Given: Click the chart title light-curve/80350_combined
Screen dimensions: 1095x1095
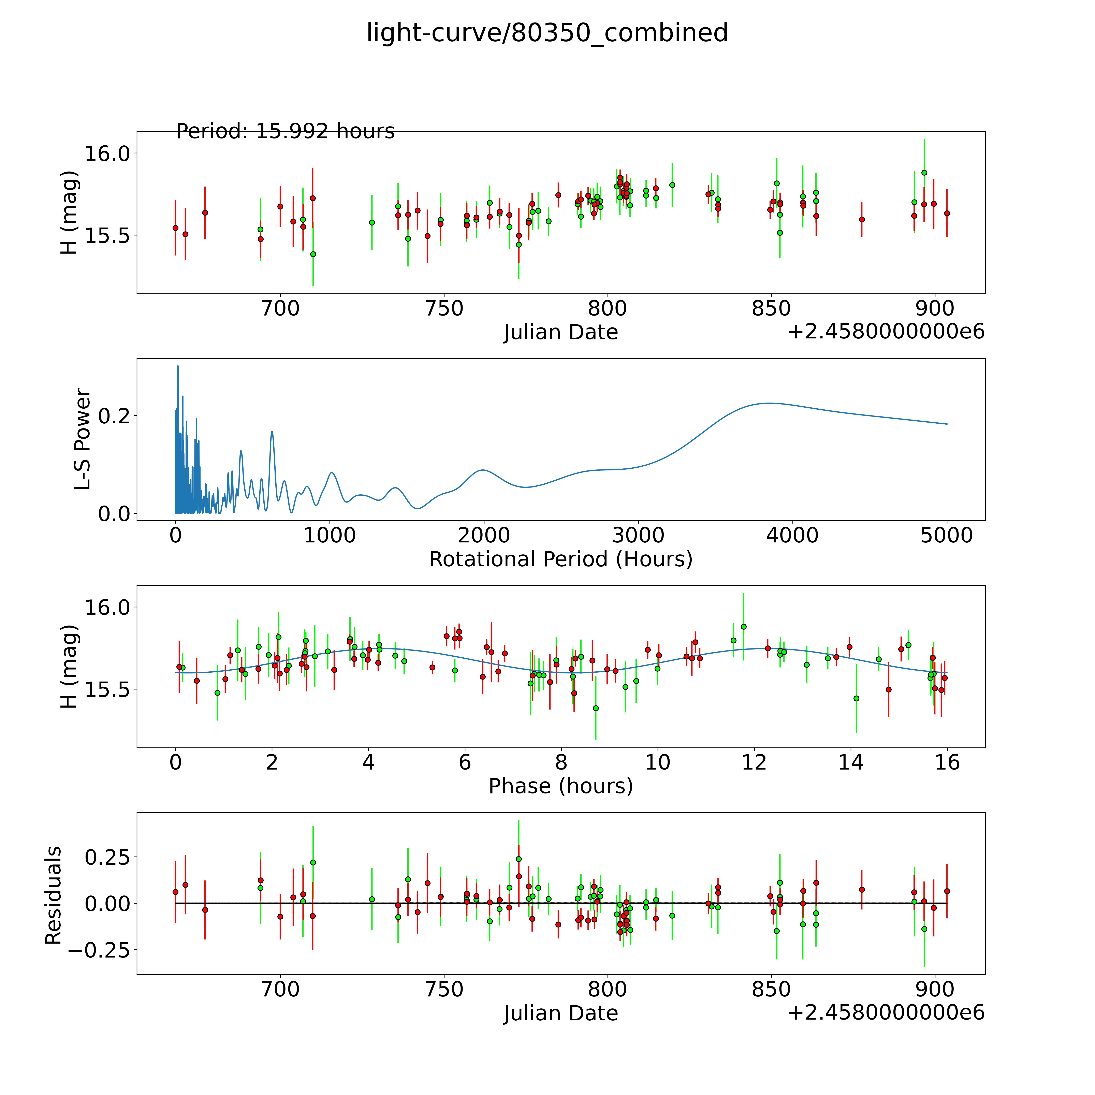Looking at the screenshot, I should pyautogui.click(x=547, y=33).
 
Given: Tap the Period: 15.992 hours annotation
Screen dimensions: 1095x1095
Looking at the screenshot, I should pyautogui.click(x=285, y=131).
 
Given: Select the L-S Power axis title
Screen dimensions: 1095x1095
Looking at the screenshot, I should pyautogui.click(x=83, y=439).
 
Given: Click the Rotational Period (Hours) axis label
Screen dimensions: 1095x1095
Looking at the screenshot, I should pyautogui.click(x=560, y=559).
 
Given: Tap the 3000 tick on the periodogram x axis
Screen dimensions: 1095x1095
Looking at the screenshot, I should pyautogui.click(x=638, y=536).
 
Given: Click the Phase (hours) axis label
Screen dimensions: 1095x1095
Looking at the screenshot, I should pyautogui.click(x=560, y=786).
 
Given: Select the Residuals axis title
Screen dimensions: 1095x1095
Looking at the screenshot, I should pyautogui.click(x=53, y=895).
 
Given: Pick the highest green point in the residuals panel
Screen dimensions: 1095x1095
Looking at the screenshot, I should pyautogui.click(x=519, y=859).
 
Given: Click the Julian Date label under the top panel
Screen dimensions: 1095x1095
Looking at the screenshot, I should pyautogui.click(x=560, y=332).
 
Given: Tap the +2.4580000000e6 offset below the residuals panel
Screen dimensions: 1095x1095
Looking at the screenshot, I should pyautogui.click(x=886, y=1013).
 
